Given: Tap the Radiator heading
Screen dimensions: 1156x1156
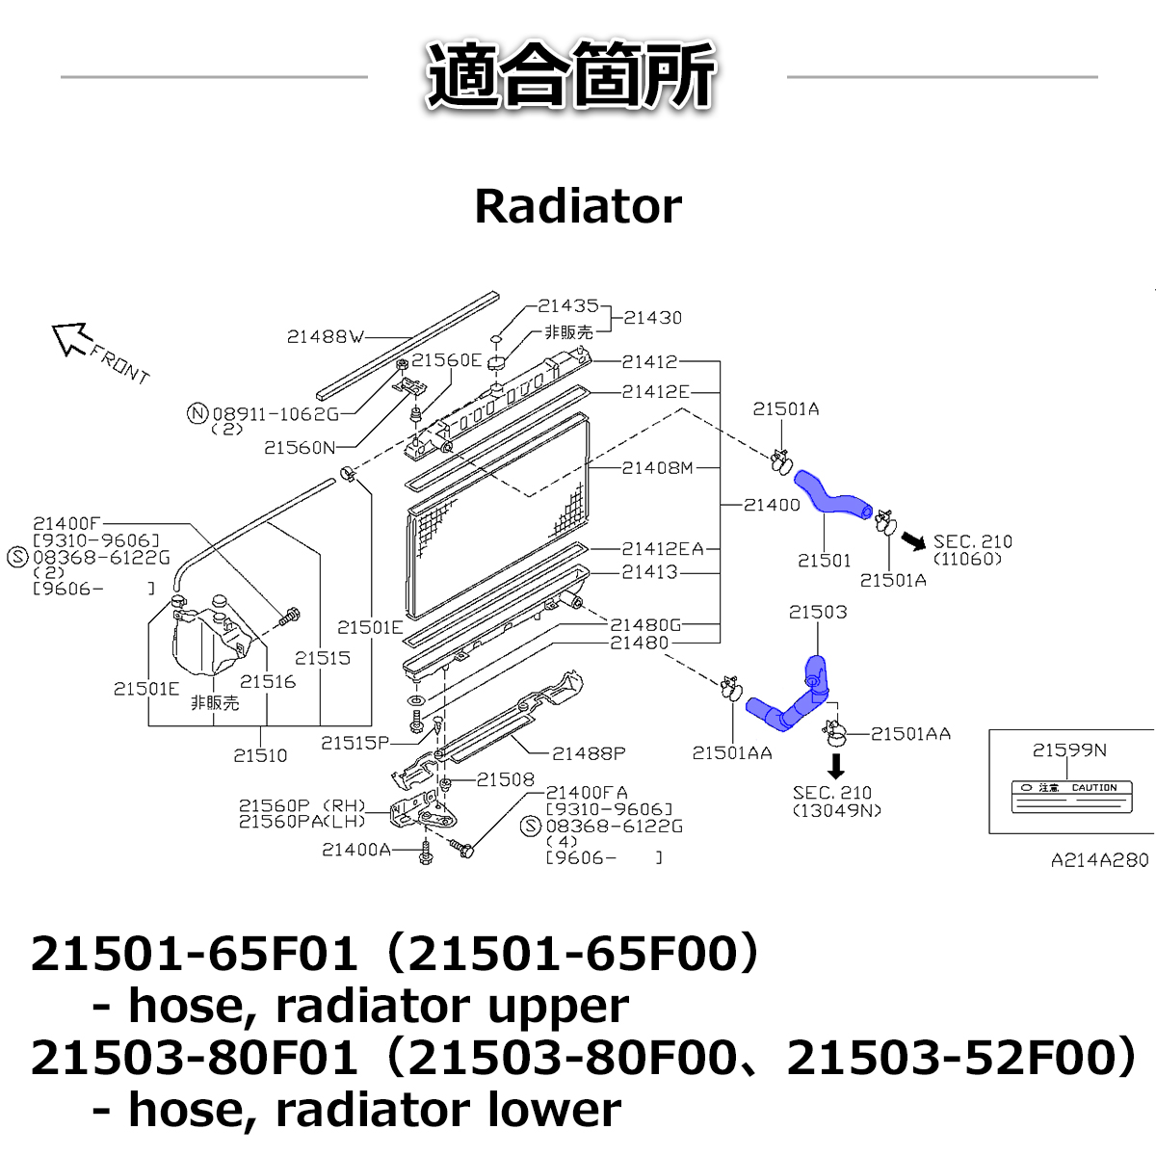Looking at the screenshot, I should (x=578, y=206).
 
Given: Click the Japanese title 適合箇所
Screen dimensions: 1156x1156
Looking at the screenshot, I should (x=572, y=75).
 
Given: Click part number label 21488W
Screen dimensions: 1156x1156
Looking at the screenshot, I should (x=325, y=337).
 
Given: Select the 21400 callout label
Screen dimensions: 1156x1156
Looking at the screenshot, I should (x=772, y=504).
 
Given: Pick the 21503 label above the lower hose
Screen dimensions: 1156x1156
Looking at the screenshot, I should (x=817, y=612).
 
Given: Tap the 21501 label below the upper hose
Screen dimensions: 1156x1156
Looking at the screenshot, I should (x=824, y=560).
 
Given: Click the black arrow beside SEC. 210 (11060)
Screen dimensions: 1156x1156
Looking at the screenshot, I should (x=912, y=542).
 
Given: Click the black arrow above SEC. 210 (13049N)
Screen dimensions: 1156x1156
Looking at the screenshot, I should (x=836, y=766).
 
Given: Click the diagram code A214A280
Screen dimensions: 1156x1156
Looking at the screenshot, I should (x=1099, y=860).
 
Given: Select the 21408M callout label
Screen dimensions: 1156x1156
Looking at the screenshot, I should (x=657, y=468).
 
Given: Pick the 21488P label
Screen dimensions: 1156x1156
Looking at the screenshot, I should (x=588, y=753).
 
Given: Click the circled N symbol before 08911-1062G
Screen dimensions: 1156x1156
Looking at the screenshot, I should (x=197, y=413).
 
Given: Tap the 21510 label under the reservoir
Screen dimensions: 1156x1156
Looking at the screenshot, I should (x=260, y=755).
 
